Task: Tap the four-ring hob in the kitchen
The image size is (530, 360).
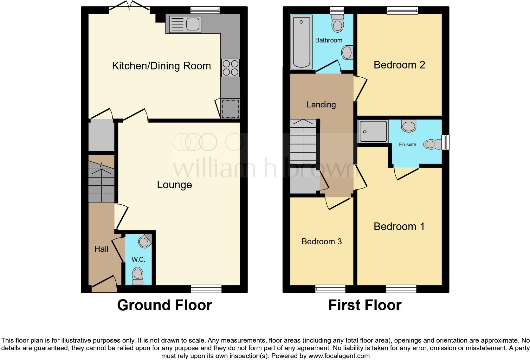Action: tap(230, 68)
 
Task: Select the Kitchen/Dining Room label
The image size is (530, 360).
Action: tap(161, 66)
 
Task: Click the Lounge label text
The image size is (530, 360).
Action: tap(174, 185)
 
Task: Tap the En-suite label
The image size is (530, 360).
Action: tap(407, 145)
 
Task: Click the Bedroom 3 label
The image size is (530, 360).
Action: tap(321, 241)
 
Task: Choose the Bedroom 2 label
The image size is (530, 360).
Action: tap(399, 65)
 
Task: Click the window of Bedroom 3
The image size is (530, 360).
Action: tap(330, 289)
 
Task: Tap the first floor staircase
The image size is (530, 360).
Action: tap(303, 141)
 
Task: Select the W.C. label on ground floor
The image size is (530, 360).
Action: tap(138, 260)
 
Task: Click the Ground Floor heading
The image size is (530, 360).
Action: tap(165, 305)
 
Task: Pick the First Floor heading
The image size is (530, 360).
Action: tap(365, 305)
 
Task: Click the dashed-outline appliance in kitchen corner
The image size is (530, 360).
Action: tap(230, 109)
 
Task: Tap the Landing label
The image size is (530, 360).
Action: tap(321, 105)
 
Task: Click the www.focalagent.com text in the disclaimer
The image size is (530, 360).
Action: tap(339, 356)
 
